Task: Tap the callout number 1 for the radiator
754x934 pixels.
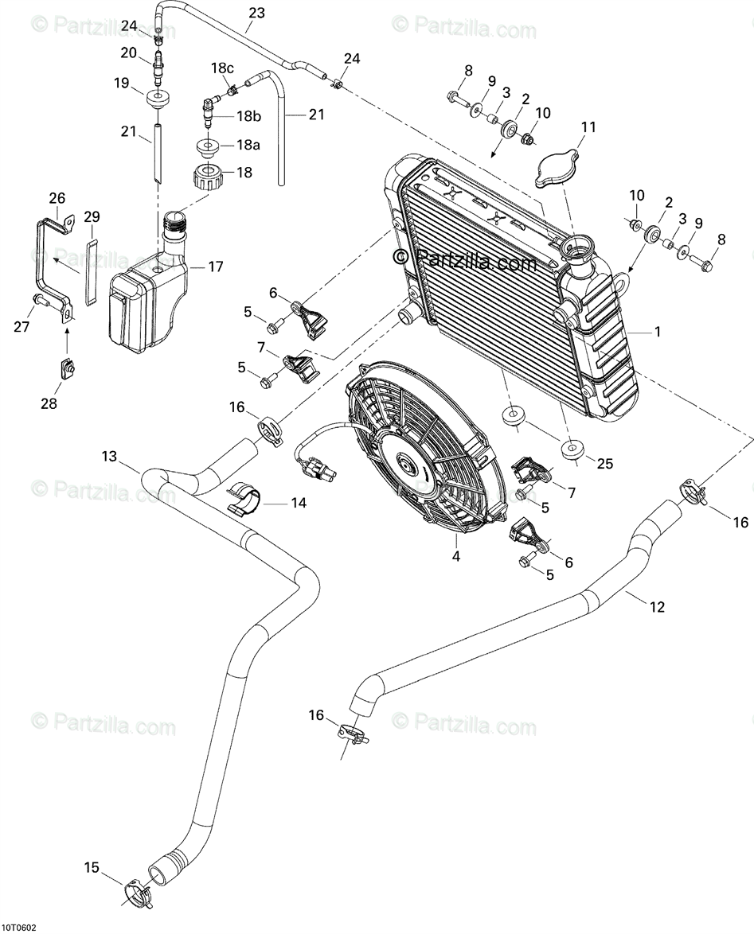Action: (657, 332)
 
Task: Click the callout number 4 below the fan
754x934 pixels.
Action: (456, 557)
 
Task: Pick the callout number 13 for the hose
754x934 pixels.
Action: (109, 457)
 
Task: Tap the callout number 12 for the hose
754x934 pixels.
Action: (656, 607)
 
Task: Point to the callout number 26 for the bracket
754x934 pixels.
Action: (57, 198)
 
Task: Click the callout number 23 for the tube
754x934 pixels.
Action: (256, 13)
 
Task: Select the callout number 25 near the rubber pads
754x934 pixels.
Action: (605, 464)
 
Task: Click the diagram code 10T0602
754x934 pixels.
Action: (18, 928)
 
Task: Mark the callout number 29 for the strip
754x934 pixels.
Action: (92, 216)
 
